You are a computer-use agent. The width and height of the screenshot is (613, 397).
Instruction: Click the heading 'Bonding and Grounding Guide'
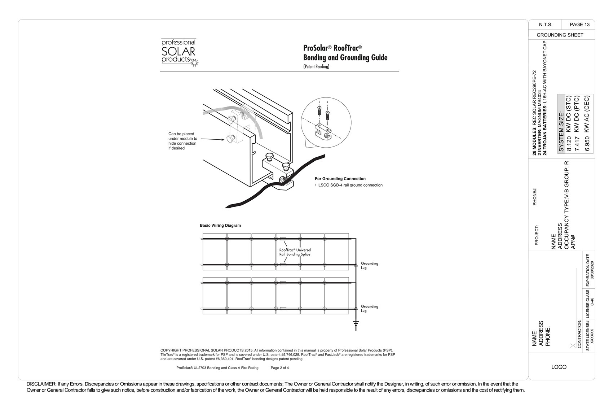(345, 58)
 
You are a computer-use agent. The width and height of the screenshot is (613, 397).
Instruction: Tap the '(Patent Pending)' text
(316, 66)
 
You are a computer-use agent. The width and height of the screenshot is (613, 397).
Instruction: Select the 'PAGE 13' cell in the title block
(579, 25)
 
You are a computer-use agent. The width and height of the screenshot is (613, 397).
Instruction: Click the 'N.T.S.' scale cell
(545, 25)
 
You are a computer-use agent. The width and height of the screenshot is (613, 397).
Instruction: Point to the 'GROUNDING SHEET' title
(560, 35)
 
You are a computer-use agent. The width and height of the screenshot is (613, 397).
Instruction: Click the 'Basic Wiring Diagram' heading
(220, 226)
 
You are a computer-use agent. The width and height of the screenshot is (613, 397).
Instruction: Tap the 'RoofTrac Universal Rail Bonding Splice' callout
(295, 252)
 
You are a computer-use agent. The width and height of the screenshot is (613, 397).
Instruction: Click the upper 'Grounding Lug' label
(369, 266)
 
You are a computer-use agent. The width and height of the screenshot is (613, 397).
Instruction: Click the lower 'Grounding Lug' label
(369, 309)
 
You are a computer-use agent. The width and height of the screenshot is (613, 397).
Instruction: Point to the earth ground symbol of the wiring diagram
(356, 325)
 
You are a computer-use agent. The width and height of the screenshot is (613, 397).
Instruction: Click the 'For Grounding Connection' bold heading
(340, 179)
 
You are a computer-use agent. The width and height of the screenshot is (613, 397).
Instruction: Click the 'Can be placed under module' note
(182, 141)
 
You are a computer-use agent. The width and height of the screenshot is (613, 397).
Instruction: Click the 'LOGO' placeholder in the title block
(559, 367)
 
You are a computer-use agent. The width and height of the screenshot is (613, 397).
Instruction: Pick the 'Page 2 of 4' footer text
(279, 368)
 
